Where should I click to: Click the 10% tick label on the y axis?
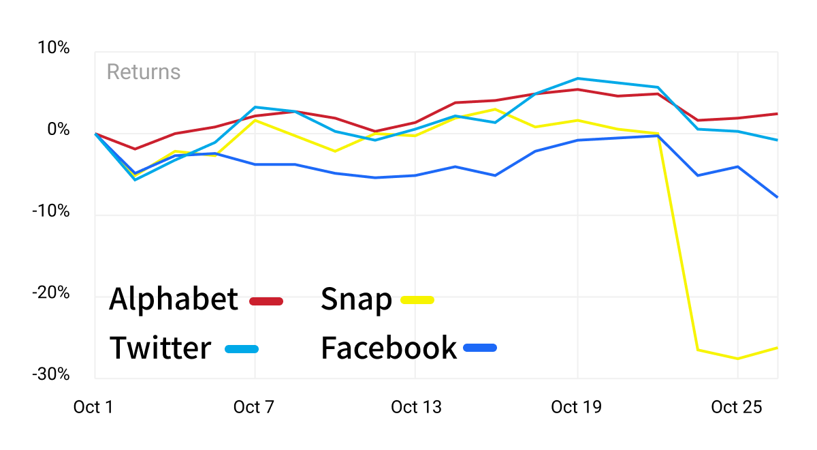[x=53, y=48]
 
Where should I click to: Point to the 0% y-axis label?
[x=59, y=130]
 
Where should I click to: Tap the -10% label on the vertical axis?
[x=50, y=211]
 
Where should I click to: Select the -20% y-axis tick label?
[x=50, y=292]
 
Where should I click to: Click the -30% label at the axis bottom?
[x=50, y=374]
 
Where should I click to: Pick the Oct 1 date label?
[x=93, y=407]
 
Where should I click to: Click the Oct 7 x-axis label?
[x=254, y=407]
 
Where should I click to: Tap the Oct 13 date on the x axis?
[x=416, y=407]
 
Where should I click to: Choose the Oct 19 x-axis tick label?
[x=576, y=407]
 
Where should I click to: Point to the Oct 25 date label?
[x=737, y=407]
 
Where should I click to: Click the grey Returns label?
[x=144, y=72]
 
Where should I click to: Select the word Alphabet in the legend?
[x=174, y=299]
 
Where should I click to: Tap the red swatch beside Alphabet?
[x=266, y=301]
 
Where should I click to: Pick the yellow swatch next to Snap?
[x=417, y=300]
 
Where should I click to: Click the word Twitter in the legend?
[x=161, y=348]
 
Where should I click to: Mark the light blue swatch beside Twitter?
[x=242, y=349]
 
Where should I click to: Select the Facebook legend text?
[x=389, y=348]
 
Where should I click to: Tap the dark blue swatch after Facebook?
[x=480, y=348]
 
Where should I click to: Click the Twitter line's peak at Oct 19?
[x=578, y=78]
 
